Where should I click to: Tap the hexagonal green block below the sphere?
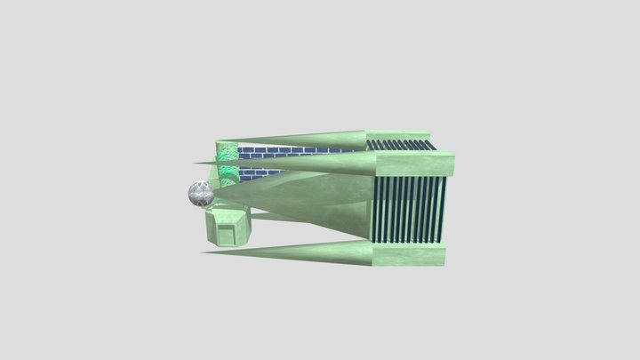click(x=229, y=228)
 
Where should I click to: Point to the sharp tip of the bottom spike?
click(x=204, y=252)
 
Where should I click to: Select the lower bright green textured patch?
click(x=228, y=174)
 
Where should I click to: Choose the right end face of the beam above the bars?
click(x=449, y=164)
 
